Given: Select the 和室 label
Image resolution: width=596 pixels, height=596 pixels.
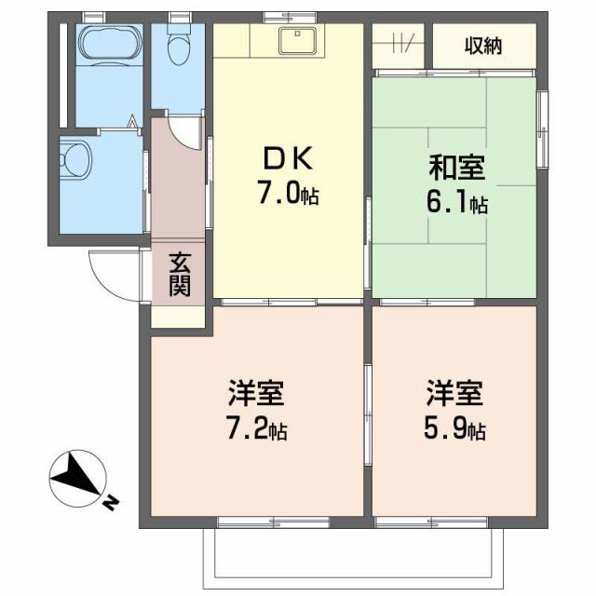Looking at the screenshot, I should pos(455,169).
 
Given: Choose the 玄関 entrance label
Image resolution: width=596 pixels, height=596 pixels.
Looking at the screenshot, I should pos(180,274).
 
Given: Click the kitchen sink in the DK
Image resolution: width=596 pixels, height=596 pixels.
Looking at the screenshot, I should pos(301,41).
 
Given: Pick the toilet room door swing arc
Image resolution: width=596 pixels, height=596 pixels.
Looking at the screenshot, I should pos(187,131).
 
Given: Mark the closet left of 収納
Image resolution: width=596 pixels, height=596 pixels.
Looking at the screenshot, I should pos(400,44).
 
